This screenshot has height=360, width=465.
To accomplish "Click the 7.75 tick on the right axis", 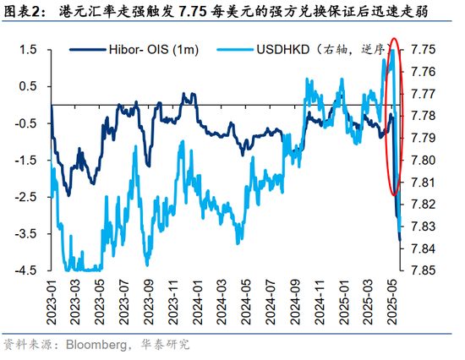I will point(423,50).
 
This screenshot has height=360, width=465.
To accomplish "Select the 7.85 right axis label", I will point(423,270).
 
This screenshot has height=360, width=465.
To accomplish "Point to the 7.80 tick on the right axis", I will point(423,161).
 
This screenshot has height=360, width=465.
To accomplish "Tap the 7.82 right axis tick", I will point(423,205).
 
